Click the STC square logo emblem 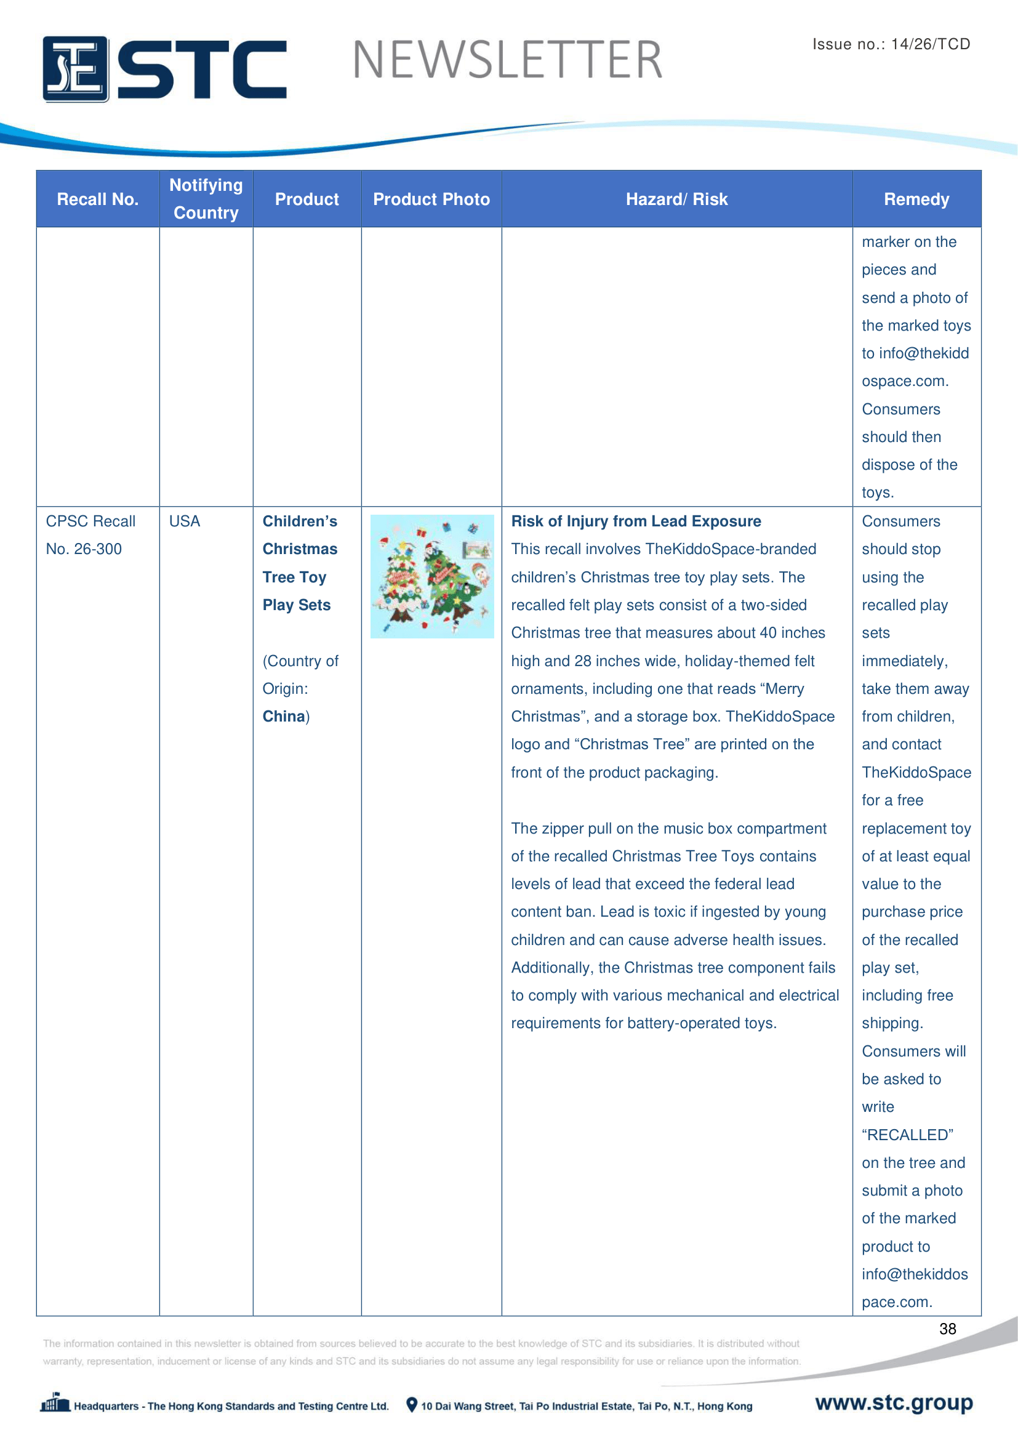(75, 69)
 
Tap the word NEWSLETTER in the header (507, 60)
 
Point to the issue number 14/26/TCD (930, 44)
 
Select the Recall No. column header (97, 199)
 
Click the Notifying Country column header (206, 199)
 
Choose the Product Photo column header (431, 199)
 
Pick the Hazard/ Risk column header (676, 199)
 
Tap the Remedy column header (916, 199)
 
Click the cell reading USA (184, 521)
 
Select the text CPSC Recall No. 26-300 (90, 535)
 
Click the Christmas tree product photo (432, 576)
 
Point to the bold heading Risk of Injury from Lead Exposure (636, 521)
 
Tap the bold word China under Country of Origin (283, 716)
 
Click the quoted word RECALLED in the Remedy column (907, 1135)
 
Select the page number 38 (947, 1329)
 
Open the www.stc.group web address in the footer (893, 1402)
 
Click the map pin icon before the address (411, 1404)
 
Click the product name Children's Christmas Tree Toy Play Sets (300, 563)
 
